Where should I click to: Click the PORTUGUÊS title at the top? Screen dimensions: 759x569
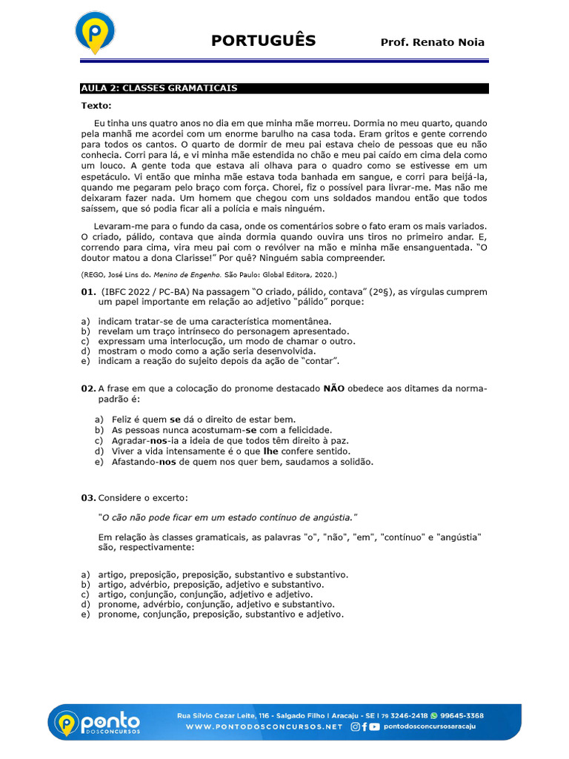click(x=263, y=41)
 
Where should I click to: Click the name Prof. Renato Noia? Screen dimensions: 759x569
click(x=432, y=42)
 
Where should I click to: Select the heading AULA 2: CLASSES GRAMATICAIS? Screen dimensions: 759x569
click(x=159, y=88)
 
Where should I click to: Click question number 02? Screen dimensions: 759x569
click(x=88, y=388)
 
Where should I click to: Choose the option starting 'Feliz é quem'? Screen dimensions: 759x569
click(x=203, y=420)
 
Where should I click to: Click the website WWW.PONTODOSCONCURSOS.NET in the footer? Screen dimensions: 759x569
click(x=264, y=727)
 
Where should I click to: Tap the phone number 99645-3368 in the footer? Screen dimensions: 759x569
click(x=462, y=716)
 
